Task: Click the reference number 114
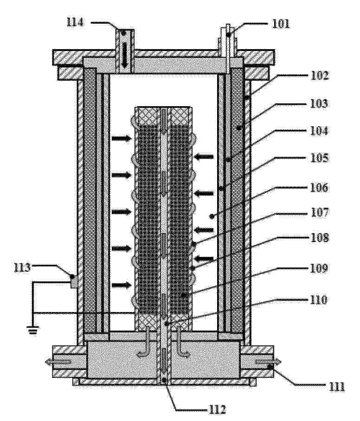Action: pyautogui.click(x=75, y=22)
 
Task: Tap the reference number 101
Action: pyautogui.click(x=281, y=24)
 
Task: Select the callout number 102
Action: pyautogui.click(x=320, y=76)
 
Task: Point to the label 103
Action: pyautogui.click(x=319, y=103)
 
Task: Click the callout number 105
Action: pyautogui.click(x=319, y=158)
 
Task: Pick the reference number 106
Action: pyautogui.click(x=319, y=188)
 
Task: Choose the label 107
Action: pyautogui.click(x=320, y=212)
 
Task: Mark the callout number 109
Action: pyautogui.click(x=319, y=268)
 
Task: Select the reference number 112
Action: pyautogui.click(x=217, y=409)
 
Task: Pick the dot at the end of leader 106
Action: pyautogui.click(x=212, y=215)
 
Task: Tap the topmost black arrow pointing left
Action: pyautogui.click(x=204, y=157)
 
